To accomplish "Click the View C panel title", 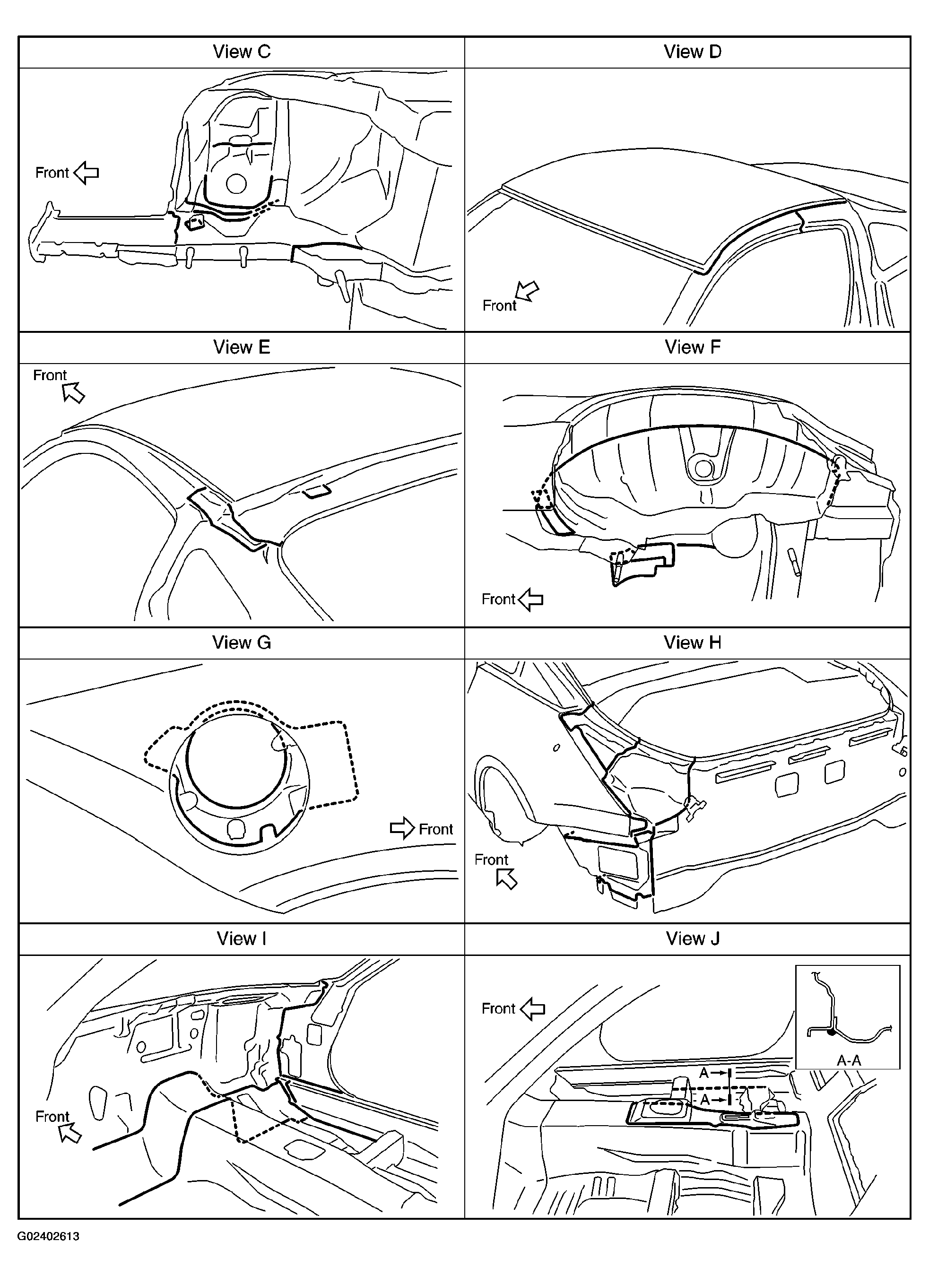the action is click(x=242, y=52).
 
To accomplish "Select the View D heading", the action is click(x=692, y=52).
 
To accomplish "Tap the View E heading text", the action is click(x=242, y=347).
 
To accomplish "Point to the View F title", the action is click(x=692, y=347).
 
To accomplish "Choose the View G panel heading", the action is click(x=242, y=642).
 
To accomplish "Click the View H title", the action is click(x=692, y=642).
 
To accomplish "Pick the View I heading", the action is click(x=242, y=938).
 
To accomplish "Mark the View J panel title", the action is click(x=692, y=938).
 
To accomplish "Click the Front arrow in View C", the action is click(x=86, y=173).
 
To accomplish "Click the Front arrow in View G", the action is click(x=402, y=828).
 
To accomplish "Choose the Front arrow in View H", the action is click(x=506, y=879).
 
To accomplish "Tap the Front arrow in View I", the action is click(x=70, y=1133).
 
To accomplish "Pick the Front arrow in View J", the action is click(x=532, y=1009).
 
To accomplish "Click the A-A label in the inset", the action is click(x=849, y=1060).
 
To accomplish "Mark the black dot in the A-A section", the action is click(x=831, y=1033).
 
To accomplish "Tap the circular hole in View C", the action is click(x=236, y=184).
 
